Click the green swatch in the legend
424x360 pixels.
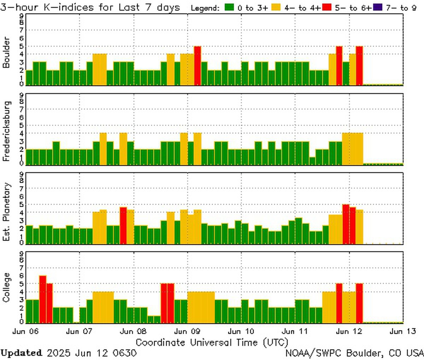[x=229, y=7]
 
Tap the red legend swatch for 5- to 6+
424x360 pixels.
[x=327, y=7]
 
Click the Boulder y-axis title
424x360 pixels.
[x=6, y=52]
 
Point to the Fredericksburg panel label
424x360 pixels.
[x=6, y=131]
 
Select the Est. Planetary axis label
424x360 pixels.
[x=6, y=211]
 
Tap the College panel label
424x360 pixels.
[x=6, y=287]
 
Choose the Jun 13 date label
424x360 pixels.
[x=402, y=331]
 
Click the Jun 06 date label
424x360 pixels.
[x=25, y=331]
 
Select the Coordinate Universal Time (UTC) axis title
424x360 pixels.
[x=212, y=342]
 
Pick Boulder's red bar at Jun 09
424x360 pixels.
[x=198, y=66]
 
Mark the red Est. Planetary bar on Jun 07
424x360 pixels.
[x=123, y=225]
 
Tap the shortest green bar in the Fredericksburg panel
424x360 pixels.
[x=312, y=161]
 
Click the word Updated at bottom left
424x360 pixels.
[x=22, y=353]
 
